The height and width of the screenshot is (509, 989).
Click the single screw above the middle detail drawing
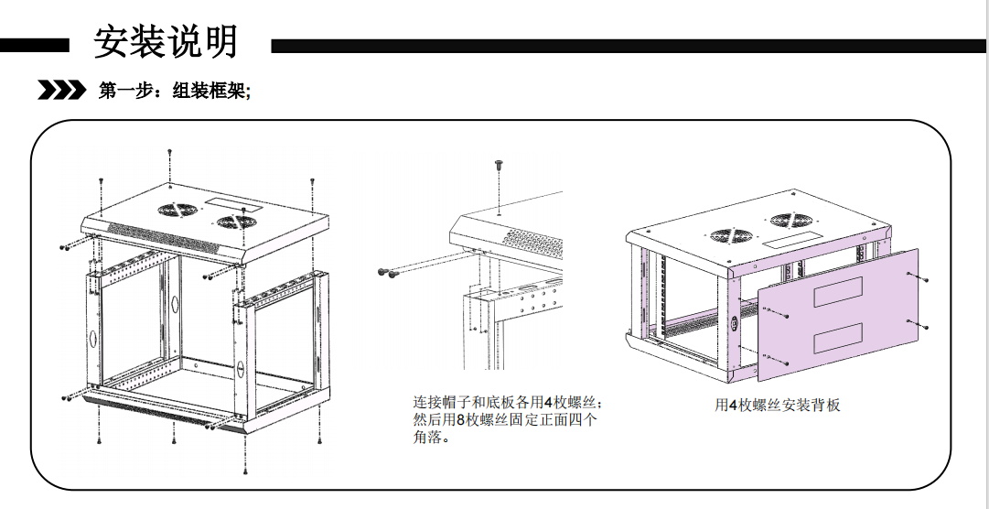(x=499, y=165)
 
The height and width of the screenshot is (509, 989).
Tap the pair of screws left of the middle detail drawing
(x=388, y=271)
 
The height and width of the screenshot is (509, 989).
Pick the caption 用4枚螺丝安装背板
(x=777, y=404)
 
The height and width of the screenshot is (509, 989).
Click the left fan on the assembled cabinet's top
(x=726, y=234)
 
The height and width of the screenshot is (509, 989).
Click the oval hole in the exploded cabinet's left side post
(x=93, y=336)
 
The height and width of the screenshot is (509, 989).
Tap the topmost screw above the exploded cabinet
(x=169, y=151)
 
